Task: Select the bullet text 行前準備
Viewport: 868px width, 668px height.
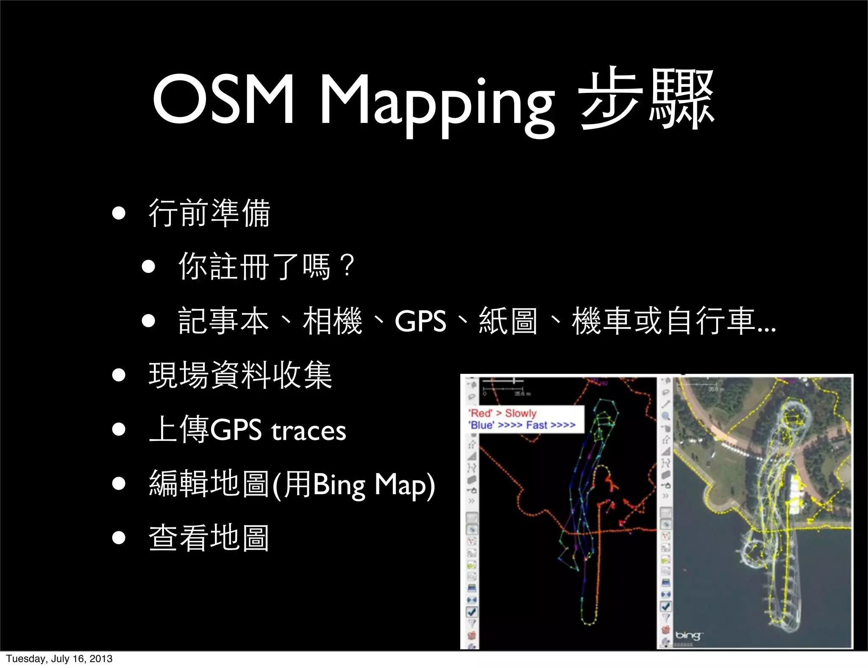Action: click(x=209, y=213)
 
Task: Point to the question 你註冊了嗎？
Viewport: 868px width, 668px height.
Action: click(x=267, y=267)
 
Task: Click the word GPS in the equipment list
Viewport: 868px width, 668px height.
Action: click(x=420, y=321)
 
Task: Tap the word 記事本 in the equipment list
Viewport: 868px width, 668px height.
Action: click(x=224, y=321)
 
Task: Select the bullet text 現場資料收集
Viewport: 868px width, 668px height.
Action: click(x=240, y=375)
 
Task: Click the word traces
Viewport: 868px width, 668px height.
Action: click(x=309, y=431)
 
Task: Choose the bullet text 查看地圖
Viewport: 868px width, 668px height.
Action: click(x=209, y=538)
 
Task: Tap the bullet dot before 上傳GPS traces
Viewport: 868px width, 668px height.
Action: click(x=119, y=429)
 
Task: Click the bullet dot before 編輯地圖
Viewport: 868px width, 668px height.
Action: click(x=119, y=484)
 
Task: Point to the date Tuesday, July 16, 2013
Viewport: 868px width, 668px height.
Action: click(x=59, y=659)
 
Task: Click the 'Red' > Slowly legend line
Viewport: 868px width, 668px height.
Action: click(x=503, y=413)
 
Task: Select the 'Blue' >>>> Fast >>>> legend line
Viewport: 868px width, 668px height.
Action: click(x=522, y=425)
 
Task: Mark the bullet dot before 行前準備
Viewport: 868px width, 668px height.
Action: click(x=119, y=213)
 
